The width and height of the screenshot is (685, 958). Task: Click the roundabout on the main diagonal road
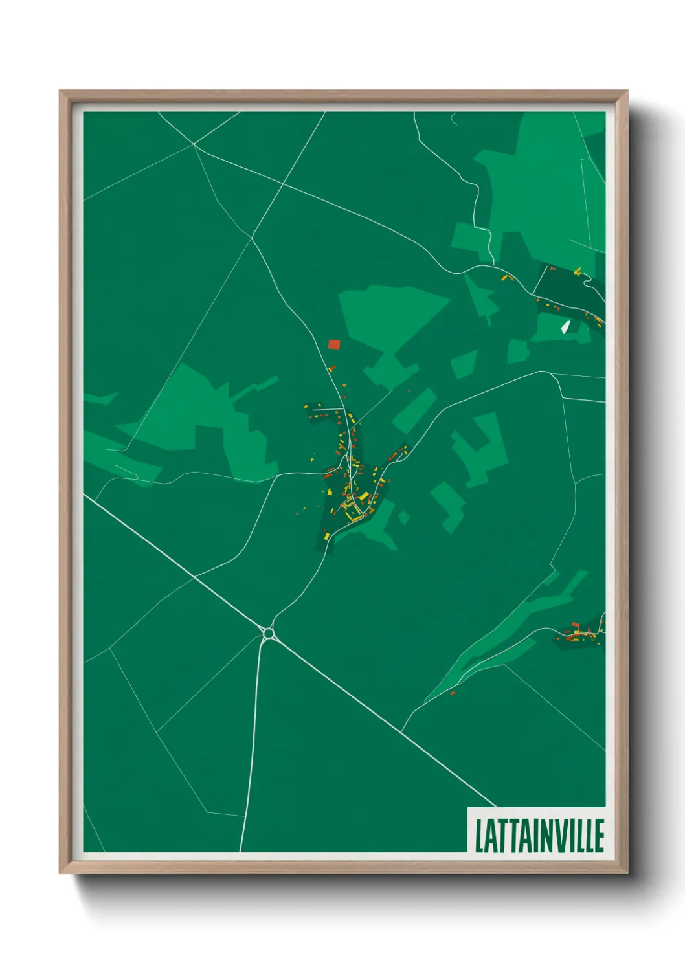coord(268,632)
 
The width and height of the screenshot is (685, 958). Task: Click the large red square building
coord(334,344)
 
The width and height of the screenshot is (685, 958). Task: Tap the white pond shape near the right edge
coord(565,327)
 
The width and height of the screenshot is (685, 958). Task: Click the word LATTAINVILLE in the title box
coord(539,836)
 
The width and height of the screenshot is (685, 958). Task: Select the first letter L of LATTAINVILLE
coord(480,836)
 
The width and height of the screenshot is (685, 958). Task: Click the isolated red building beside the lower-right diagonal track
coord(452,693)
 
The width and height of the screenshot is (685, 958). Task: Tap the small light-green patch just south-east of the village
coord(404,517)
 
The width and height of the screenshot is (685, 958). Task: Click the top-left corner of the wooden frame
coord(61,92)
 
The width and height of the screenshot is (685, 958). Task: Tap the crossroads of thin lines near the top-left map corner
coord(194,145)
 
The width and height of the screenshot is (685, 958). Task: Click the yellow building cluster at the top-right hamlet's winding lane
coord(577,271)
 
